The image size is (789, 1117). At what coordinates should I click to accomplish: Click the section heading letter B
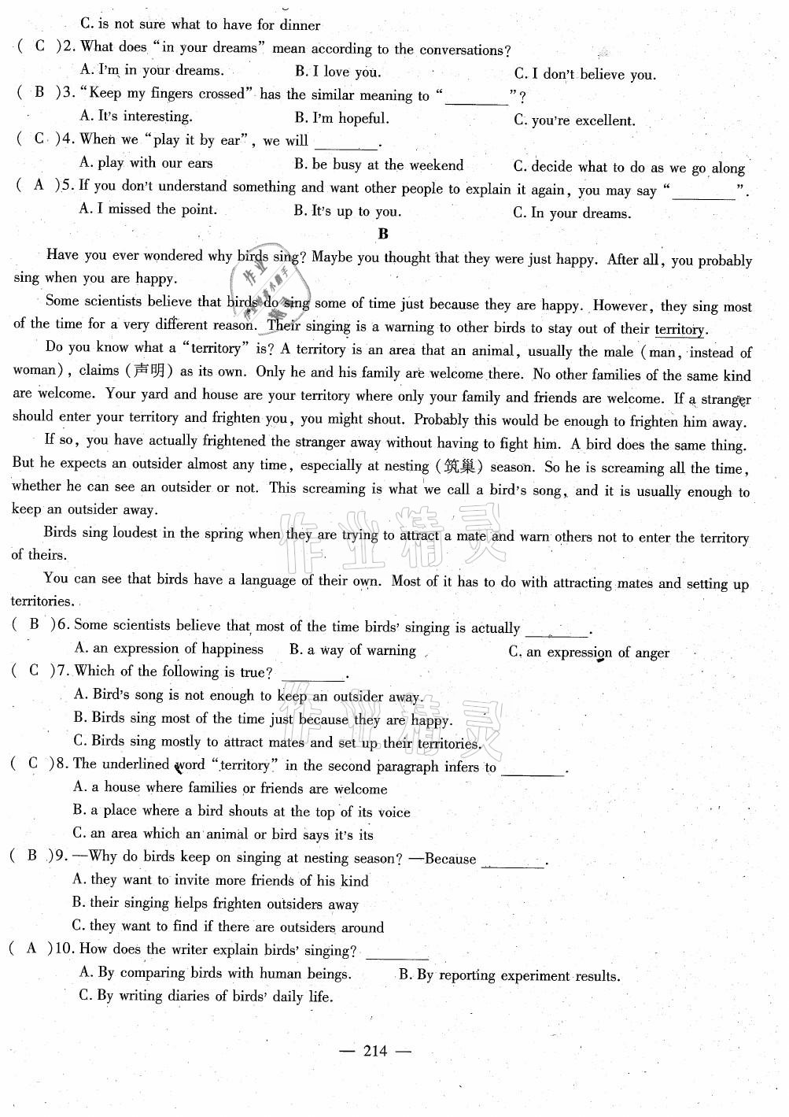pos(383,234)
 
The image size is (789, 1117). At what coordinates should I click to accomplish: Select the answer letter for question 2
pos(40,46)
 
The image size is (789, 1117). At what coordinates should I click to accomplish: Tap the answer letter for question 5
pos(39,185)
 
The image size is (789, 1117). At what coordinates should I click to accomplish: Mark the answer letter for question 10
pos(31,949)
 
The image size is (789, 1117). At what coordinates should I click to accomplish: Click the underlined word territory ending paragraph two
pos(680,330)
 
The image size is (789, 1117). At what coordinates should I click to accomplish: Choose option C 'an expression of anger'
pos(588,652)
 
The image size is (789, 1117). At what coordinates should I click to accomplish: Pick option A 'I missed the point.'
pos(149,209)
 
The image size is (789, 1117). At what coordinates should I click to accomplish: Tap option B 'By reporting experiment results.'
pos(509,975)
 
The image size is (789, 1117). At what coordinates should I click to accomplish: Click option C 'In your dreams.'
pos(572,213)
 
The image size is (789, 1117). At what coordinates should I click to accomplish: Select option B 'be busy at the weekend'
pos(379,165)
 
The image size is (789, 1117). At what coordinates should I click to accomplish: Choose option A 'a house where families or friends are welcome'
pos(230,787)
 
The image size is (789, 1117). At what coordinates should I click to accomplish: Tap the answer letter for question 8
pos(32,763)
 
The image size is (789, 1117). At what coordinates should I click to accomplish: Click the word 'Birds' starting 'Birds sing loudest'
pos(60,532)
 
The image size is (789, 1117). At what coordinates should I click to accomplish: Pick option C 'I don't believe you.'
pos(584,75)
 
